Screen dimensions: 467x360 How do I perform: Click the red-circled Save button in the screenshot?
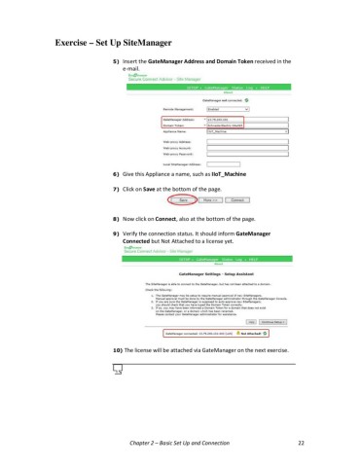point(183,202)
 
